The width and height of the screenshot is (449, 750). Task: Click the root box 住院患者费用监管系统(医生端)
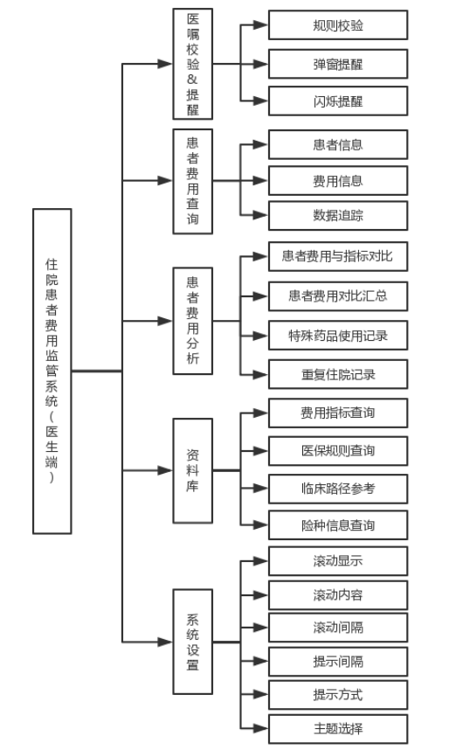pyautogui.click(x=52, y=371)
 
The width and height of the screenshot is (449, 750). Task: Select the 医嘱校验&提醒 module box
pyautogui.click(x=193, y=64)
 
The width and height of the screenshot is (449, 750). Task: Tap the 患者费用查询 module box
pyautogui.click(x=193, y=181)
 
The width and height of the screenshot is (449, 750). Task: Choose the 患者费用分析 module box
pyautogui.click(x=193, y=321)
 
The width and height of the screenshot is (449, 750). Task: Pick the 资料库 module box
pyautogui.click(x=193, y=470)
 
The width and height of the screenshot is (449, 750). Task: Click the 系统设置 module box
pyautogui.click(x=193, y=642)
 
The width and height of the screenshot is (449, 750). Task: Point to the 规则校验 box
pyautogui.click(x=338, y=24)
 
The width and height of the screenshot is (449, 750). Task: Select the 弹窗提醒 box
pyautogui.click(x=338, y=64)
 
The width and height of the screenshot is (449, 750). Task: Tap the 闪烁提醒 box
pyautogui.click(x=338, y=101)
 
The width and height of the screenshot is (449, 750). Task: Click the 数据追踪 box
pyautogui.click(x=338, y=215)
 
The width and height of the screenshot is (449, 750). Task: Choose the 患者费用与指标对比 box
pyautogui.click(x=338, y=256)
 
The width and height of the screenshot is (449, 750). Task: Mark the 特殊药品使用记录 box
pyautogui.click(x=338, y=336)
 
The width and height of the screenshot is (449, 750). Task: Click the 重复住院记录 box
pyautogui.click(x=338, y=374)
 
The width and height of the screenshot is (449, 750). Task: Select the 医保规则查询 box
pyautogui.click(x=338, y=450)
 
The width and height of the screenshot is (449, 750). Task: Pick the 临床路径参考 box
pyautogui.click(x=338, y=489)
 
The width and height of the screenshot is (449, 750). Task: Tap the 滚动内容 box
pyautogui.click(x=338, y=595)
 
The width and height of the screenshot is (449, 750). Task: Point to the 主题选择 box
pyautogui.click(x=338, y=729)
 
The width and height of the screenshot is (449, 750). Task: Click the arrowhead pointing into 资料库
pyautogui.click(x=165, y=470)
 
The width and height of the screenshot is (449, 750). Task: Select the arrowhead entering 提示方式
pyautogui.click(x=260, y=695)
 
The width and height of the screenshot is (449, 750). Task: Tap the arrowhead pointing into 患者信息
pyautogui.click(x=260, y=144)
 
